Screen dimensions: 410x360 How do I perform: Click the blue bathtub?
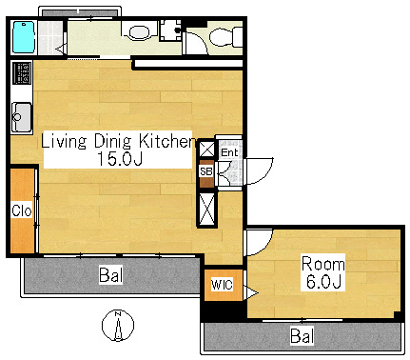tap(23, 37)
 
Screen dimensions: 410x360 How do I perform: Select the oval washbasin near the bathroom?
tap(140, 32)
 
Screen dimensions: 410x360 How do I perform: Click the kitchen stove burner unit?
tap(22, 73)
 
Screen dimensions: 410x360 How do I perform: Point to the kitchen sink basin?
tap(22, 117)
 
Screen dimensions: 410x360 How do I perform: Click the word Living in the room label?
tap(64, 142)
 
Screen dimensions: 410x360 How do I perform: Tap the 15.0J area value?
tap(120, 159)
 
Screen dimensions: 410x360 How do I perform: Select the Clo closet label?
tap(22, 210)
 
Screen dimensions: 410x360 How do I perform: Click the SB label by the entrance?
tap(205, 171)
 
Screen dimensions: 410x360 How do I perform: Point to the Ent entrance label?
tap(229, 152)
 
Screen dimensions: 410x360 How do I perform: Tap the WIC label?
tap(222, 285)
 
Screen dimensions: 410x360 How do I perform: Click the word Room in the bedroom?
tap(322, 264)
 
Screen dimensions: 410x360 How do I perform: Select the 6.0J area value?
tap(323, 281)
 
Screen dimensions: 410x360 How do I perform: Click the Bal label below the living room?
tap(110, 275)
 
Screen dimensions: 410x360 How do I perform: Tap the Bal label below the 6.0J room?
tap(303, 336)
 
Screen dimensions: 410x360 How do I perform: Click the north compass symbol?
tap(118, 326)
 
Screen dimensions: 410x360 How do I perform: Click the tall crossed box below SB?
tap(206, 210)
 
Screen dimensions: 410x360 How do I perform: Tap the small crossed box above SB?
tap(207, 149)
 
